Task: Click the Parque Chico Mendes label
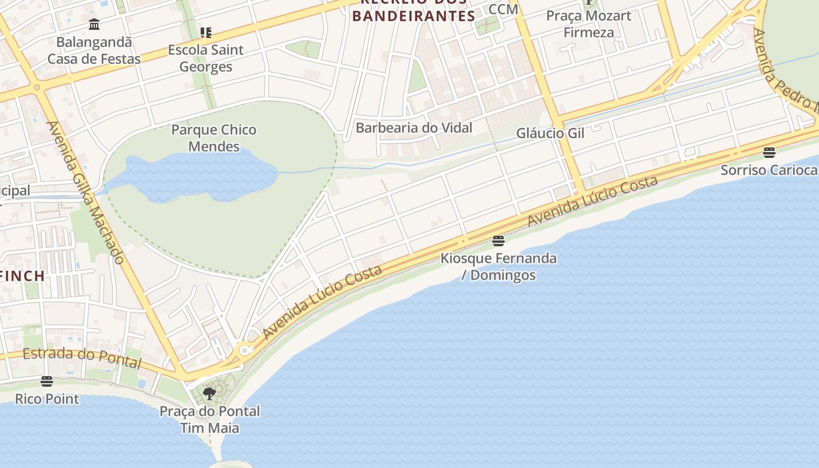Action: tap(214, 138)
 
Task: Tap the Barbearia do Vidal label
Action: tap(414, 128)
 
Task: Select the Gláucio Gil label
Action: tap(550, 133)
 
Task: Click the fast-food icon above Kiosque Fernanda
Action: tap(498, 240)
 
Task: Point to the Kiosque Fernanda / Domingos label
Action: tap(498, 267)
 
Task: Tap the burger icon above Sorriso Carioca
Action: tap(769, 153)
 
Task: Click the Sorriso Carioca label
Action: tap(769, 170)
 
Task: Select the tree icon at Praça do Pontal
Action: tap(209, 394)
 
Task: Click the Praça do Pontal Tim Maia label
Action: tap(209, 419)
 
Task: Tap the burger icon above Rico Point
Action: tap(47, 381)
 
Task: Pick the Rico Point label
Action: tap(47, 399)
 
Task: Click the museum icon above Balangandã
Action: tap(94, 25)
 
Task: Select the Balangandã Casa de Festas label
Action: tap(94, 51)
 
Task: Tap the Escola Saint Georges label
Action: tap(205, 58)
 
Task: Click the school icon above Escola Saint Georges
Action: tap(205, 32)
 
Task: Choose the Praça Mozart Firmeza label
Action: tap(589, 24)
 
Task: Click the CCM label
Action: tap(503, 9)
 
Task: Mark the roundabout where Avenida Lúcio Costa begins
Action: tap(245, 350)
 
